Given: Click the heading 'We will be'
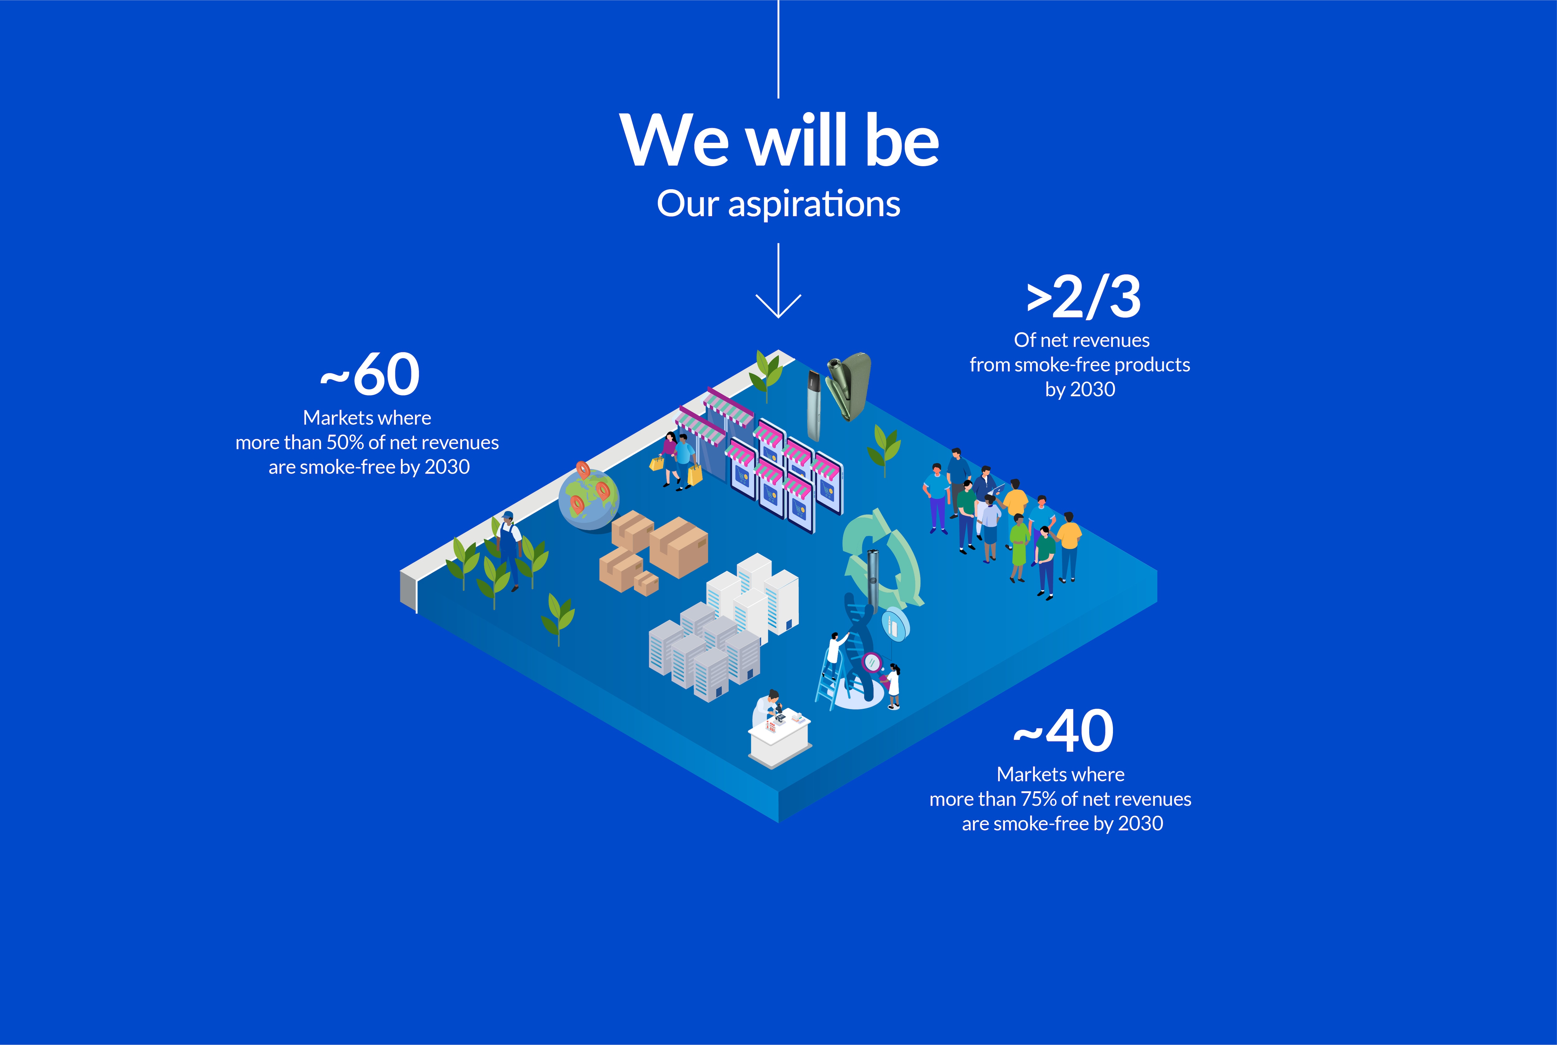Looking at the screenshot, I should click(778, 141).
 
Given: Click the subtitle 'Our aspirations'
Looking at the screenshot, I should click(778, 204).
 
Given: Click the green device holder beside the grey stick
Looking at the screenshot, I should click(848, 387).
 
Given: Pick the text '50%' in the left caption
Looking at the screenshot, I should click(345, 443).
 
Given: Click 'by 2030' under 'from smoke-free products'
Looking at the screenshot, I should click(1080, 389).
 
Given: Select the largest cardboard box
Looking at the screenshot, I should click(679, 547).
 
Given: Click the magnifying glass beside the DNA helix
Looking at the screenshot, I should click(872, 663).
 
